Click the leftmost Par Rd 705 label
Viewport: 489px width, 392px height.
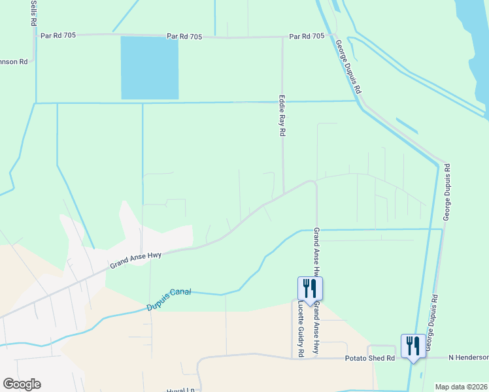click(x=58, y=35)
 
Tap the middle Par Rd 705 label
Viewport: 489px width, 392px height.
click(x=184, y=37)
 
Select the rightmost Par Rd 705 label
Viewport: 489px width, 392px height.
click(x=307, y=37)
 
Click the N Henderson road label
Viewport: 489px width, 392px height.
click(x=468, y=357)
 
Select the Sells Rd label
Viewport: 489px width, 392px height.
click(x=33, y=12)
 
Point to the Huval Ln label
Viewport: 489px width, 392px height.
click(x=180, y=390)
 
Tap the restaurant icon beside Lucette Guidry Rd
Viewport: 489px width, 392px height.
click(x=310, y=287)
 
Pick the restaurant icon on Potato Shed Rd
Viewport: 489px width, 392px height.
click(x=413, y=346)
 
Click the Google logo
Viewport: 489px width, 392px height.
click(x=21, y=384)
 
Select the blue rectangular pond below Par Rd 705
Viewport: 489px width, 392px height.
click(x=150, y=68)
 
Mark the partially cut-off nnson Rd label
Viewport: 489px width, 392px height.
click(x=14, y=62)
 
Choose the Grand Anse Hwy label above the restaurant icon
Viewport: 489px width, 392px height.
click(x=316, y=252)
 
